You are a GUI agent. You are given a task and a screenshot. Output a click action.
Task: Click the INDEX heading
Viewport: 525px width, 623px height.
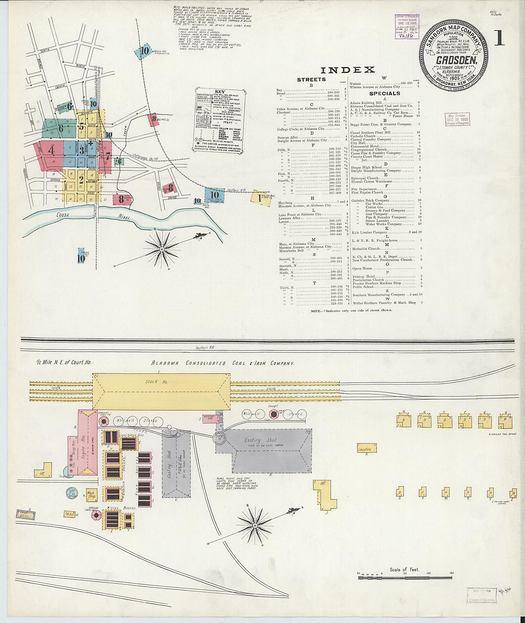coord(347,70)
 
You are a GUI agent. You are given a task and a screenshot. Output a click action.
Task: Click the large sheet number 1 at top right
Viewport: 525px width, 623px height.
coord(499,39)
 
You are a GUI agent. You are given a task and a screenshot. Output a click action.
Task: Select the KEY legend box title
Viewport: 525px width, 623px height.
coord(220,92)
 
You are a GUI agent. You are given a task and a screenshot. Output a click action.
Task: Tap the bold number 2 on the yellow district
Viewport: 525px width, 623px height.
coord(81,180)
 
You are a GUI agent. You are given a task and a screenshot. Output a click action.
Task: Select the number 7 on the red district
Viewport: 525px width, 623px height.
coord(108,156)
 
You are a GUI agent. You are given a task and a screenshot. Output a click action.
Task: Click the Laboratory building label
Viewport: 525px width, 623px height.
coord(366,449)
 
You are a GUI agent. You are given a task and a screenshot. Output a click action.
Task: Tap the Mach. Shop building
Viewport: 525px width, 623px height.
coord(91,494)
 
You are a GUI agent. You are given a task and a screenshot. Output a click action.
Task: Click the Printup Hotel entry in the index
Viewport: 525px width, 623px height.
coord(364,276)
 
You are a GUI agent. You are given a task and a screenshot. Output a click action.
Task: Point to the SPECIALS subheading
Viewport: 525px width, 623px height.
coord(384,94)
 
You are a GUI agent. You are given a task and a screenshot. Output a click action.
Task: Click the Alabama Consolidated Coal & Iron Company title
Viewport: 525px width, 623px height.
coord(222,363)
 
